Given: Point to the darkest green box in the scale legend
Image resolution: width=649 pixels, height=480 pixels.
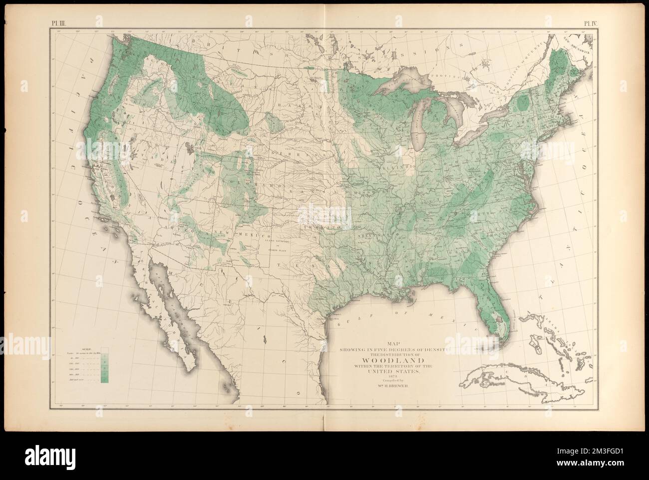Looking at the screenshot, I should coord(104,380).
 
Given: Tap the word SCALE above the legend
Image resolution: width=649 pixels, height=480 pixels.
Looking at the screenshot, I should coord(87,348).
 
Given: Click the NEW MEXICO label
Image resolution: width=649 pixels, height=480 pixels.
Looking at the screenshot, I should coord(250,234).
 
